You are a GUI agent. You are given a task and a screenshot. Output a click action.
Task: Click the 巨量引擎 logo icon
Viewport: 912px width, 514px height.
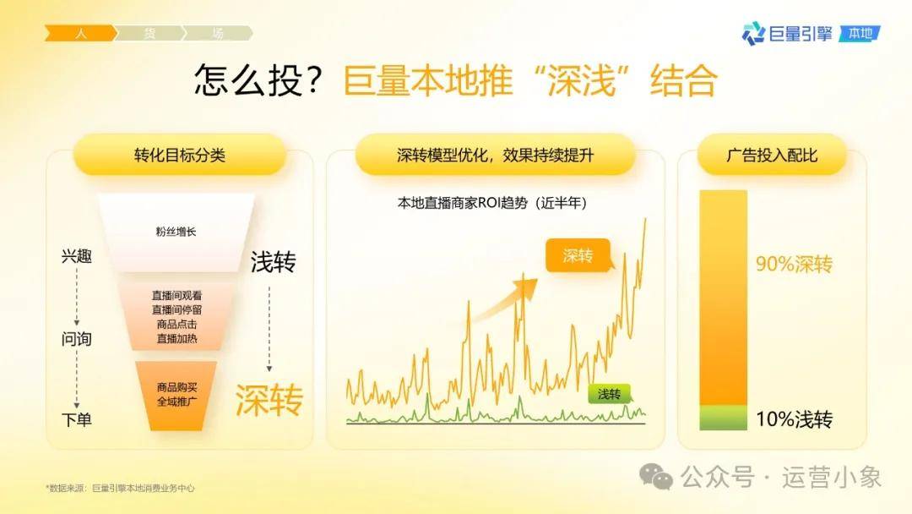[x=753, y=34]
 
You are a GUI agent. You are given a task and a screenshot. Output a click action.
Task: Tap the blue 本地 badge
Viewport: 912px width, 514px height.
[x=860, y=34]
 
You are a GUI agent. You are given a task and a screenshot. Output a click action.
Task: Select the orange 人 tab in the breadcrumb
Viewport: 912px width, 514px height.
[x=81, y=33]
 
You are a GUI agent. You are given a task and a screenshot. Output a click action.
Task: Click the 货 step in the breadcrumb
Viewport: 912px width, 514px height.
[x=149, y=33]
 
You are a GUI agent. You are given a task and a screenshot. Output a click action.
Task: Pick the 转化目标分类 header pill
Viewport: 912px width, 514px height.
[x=180, y=155]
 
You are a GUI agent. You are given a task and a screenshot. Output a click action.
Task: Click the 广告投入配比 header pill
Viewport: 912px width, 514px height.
[x=772, y=155]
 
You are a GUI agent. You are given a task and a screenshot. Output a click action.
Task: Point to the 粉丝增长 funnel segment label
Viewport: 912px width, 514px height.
[x=176, y=232]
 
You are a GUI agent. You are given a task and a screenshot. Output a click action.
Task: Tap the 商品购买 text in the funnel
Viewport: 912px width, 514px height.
[x=176, y=387]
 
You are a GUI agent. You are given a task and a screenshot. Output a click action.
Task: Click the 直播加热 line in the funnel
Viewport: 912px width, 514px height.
[x=176, y=339]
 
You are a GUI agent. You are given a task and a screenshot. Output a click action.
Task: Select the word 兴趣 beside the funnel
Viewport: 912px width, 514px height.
[x=77, y=255]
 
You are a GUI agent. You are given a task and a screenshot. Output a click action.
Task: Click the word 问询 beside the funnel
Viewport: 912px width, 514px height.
[x=77, y=338]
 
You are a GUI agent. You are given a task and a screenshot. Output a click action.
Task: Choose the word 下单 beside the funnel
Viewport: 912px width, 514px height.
[x=77, y=419]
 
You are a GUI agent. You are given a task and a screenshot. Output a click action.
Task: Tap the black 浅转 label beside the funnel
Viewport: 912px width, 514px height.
[x=273, y=262]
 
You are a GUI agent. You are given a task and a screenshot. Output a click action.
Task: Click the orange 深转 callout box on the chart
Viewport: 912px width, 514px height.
[x=578, y=255]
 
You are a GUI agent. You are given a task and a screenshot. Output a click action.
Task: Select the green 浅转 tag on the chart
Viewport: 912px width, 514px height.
[x=609, y=394]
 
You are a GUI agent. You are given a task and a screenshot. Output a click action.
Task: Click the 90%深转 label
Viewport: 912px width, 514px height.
[x=794, y=265]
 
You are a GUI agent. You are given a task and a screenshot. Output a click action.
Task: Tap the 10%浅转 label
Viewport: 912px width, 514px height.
[x=794, y=419]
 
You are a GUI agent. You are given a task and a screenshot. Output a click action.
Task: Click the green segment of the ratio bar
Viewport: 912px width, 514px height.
[x=723, y=418]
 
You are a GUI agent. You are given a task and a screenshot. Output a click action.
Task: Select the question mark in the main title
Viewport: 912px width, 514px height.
[x=313, y=79]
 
